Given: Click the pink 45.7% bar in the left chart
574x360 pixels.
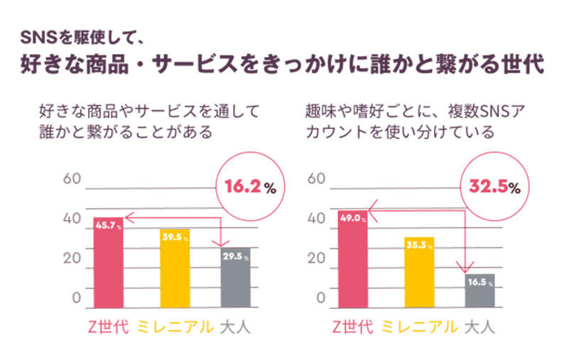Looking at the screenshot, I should [x=108, y=263].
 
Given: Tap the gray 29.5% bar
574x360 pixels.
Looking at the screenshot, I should [x=236, y=278].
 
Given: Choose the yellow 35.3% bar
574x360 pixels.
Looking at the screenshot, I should [x=419, y=273].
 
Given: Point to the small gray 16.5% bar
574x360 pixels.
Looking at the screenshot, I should [x=480, y=291].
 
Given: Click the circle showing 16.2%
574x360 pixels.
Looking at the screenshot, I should [x=250, y=187].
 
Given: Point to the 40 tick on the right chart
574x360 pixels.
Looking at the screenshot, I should [x=316, y=218].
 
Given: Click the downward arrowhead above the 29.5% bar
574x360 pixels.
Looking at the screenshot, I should [x=222, y=243].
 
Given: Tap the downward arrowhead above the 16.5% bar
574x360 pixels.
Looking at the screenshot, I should [x=466, y=268].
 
